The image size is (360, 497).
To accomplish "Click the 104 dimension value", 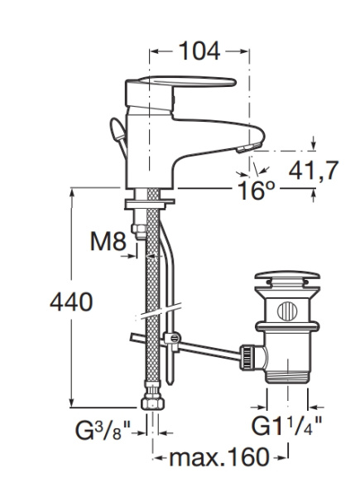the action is (x=199, y=51).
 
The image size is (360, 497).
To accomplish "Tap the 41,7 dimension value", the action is (x=314, y=170).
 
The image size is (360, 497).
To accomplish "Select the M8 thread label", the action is (x=108, y=242).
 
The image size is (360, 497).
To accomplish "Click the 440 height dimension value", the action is (x=71, y=302).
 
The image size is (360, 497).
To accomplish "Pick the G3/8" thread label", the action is (x=103, y=430).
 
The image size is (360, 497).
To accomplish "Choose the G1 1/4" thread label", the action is (x=286, y=425).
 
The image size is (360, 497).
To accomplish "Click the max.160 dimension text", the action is (x=219, y=457).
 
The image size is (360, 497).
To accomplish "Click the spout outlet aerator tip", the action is (x=249, y=147).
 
